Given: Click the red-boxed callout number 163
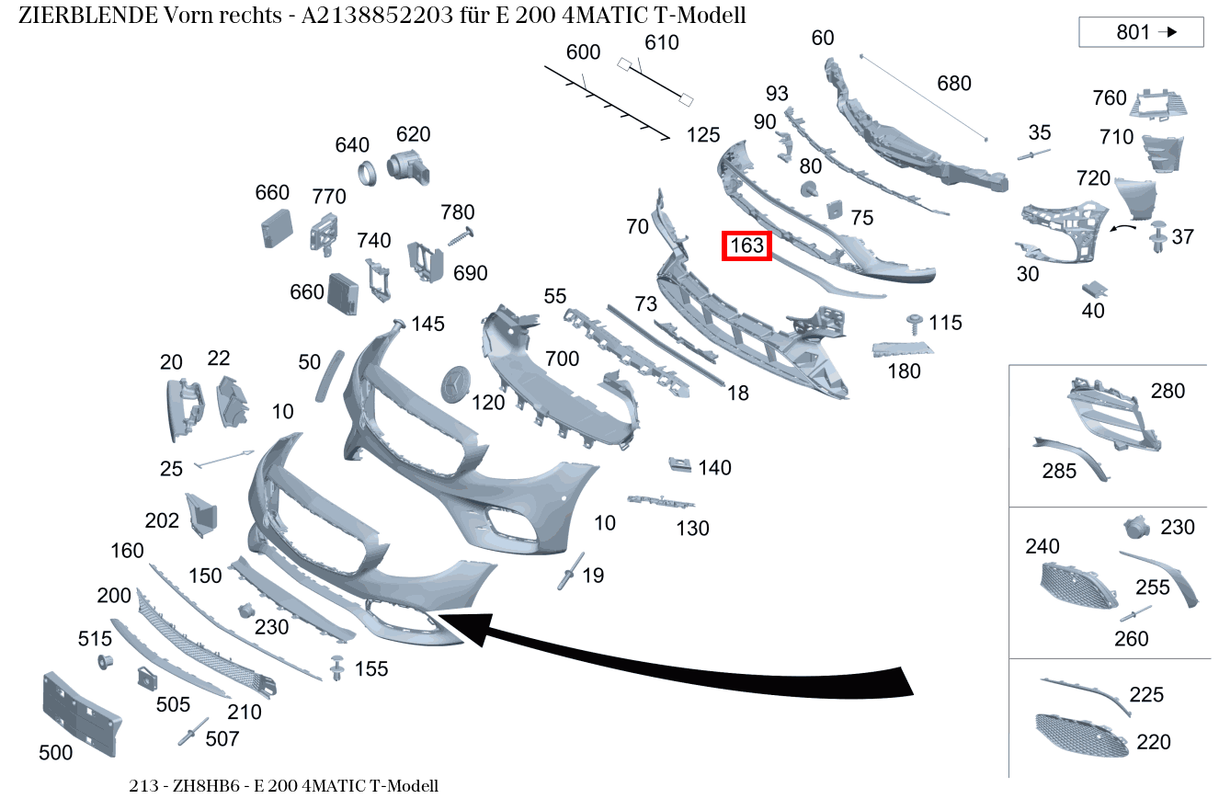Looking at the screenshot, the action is tap(746, 245).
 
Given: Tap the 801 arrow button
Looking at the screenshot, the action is tap(1141, 32).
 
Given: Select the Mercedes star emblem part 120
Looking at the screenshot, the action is tap(455, 384).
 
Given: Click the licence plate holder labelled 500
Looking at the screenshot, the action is tap(82, 714).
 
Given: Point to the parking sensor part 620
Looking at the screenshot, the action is tap(408, 167).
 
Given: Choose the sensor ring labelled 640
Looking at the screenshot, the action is tap(368, 174).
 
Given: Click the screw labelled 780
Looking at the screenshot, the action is tap(461, 237).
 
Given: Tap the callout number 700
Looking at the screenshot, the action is tap(562, 359).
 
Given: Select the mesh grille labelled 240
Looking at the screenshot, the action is tap(1078, 587).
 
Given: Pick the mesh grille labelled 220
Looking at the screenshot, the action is tap(1081, 736).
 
